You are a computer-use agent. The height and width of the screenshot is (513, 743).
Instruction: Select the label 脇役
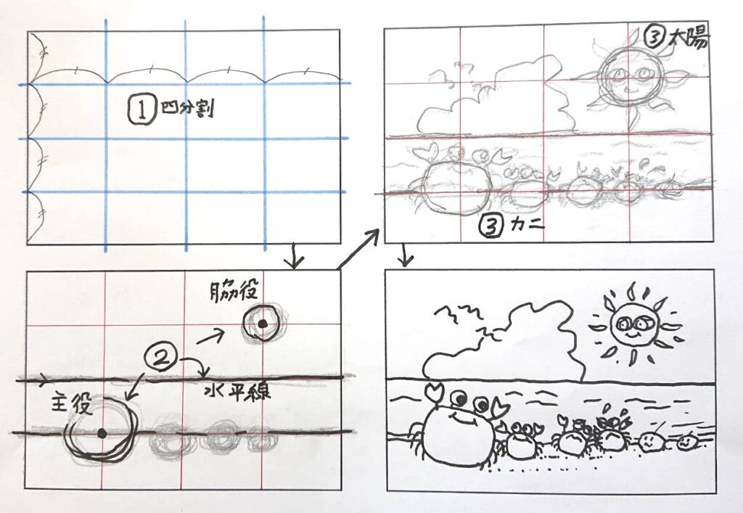click(x=234, y=291)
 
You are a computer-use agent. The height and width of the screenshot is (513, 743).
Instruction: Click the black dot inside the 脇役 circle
click(x=261, y=324)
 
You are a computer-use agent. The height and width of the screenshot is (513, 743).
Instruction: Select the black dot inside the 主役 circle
click(x=102, y=433)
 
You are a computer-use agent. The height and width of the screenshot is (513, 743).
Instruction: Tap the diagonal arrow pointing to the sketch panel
click(x=358, y=248)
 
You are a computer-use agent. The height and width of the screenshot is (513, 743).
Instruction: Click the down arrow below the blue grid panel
click(x=295, y=256)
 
